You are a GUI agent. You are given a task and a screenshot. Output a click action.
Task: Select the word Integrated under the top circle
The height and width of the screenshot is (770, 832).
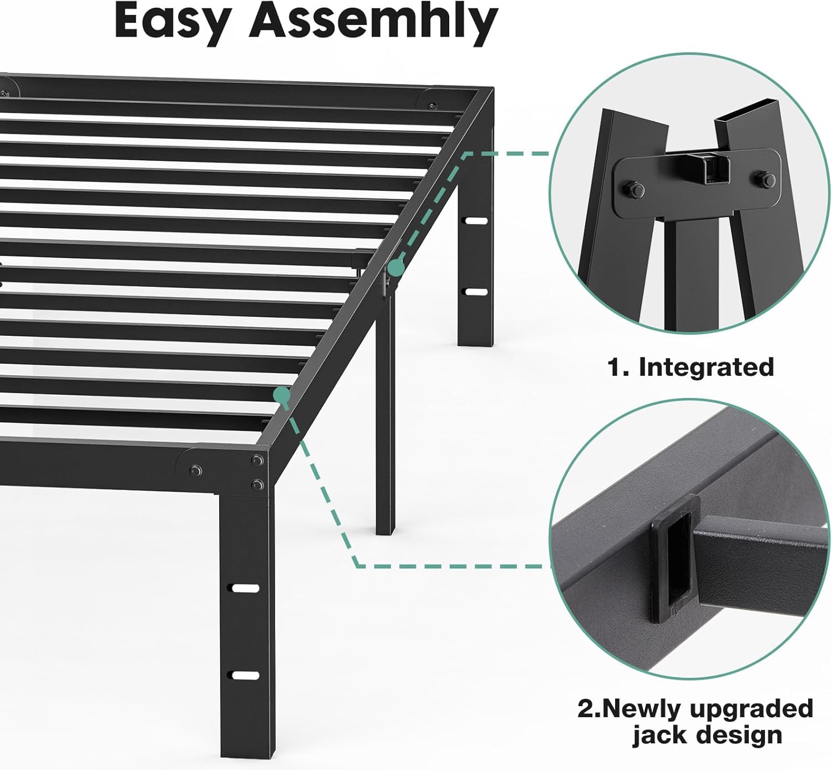[x=706, y=368]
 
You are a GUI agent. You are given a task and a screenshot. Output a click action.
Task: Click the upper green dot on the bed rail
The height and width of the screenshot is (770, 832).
[x=396, y=268]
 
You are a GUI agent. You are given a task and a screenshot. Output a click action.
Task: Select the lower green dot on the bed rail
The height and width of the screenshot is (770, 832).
[x=282, y=395]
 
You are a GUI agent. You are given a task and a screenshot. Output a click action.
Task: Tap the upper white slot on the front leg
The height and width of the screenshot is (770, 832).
[x=245, y=588]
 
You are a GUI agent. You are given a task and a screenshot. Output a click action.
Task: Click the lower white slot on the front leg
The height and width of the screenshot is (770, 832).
[x=245, y=676]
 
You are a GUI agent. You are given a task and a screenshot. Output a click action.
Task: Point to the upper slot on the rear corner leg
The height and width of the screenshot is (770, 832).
[x=475, y=221]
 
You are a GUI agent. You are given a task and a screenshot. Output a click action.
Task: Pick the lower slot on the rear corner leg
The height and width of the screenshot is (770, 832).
[x=475, y=292]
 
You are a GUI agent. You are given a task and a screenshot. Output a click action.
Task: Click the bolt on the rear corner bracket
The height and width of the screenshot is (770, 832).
[x=432, y=105]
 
